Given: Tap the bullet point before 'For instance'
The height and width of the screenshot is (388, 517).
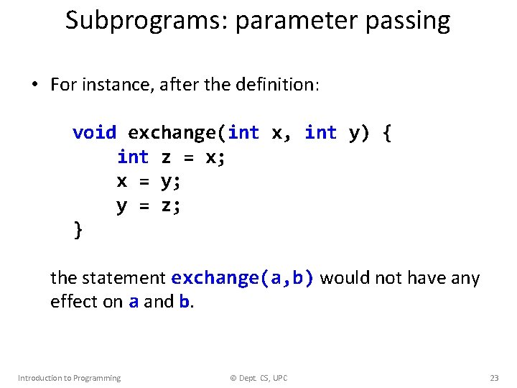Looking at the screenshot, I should tap(34, 86).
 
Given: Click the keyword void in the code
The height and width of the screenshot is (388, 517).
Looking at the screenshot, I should tap(94, 133).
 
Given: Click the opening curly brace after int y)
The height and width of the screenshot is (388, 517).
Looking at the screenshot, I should tap(387, 133).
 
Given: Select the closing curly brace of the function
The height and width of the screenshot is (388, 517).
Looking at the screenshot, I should tap(78, 230).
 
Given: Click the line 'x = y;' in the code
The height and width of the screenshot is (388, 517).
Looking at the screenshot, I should tap(149, 182).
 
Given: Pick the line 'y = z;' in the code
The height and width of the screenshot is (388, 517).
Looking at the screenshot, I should tap(149, 206).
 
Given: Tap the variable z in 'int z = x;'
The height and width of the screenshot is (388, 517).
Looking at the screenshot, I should tap(166, 157).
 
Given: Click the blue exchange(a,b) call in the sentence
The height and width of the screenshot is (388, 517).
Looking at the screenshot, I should tap(243, 278).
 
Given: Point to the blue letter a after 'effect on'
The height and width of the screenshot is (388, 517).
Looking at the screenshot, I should tap(134, 302).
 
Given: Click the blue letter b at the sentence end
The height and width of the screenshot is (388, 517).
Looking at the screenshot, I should tap(184, 302).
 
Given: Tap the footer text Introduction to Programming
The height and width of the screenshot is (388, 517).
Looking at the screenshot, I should tap(69, 378).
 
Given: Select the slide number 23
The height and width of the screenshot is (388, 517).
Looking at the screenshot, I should tap(494, 378).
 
